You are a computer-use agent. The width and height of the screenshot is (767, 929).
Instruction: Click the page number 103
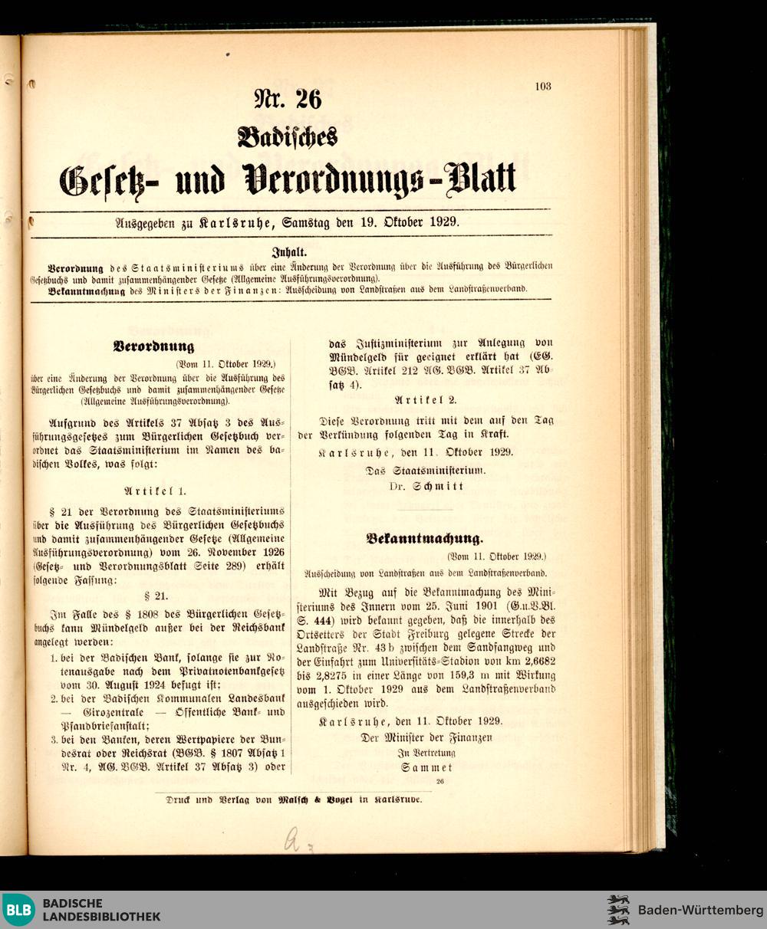tap(543, 87)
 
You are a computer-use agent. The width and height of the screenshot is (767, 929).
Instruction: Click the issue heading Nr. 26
tap(288, 99)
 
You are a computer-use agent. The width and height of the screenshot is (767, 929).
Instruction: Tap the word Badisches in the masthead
tap(288, 136)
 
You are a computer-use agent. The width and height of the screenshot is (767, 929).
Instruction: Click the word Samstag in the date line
tap(308, 222)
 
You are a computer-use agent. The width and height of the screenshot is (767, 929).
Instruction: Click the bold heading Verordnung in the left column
tap(153, 346)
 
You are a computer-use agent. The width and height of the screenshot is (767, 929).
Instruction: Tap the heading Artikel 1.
tap(154, 491)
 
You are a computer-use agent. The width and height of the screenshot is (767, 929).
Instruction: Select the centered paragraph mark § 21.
tap(156, 595)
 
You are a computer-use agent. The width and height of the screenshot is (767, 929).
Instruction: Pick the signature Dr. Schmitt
tap(426, 486)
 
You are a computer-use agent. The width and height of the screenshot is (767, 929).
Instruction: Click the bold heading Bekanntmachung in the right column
tap(424, 538)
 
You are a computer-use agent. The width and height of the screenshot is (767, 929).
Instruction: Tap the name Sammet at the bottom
tap(426, 767)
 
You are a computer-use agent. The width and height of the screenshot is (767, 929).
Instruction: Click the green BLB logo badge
tap(18, 910)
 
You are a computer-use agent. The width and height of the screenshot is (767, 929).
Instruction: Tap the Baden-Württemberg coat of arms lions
tap(617, 910)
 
